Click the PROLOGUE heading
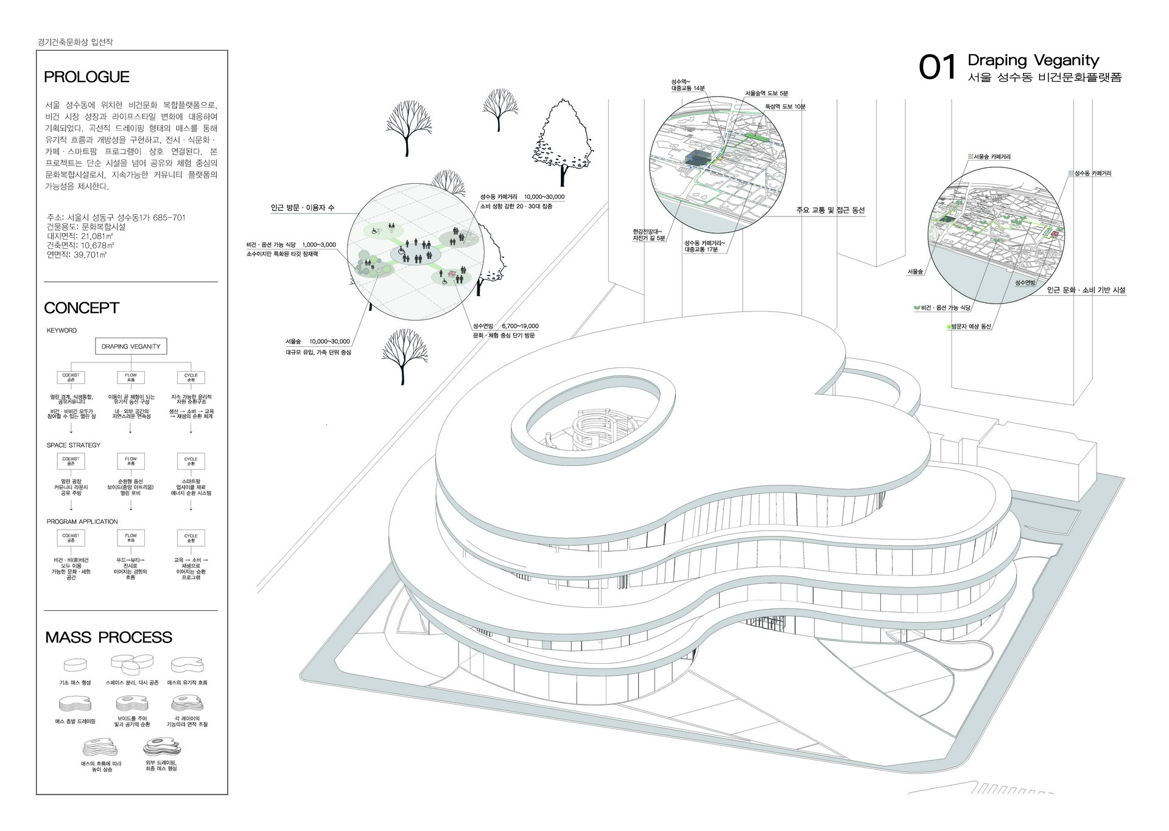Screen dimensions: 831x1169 86,77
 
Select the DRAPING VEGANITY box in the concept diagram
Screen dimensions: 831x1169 131,346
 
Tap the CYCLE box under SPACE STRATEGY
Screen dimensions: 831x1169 191,461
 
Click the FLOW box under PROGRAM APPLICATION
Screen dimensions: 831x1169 131,538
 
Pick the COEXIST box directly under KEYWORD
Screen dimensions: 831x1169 71,377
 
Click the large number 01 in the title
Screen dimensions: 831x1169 938,68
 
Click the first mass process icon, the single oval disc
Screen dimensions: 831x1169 75,664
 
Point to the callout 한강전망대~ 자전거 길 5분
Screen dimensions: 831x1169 648,235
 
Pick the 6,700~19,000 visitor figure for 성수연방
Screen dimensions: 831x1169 520,326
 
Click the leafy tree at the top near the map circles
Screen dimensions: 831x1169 564,140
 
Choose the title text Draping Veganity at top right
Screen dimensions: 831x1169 1033,60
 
